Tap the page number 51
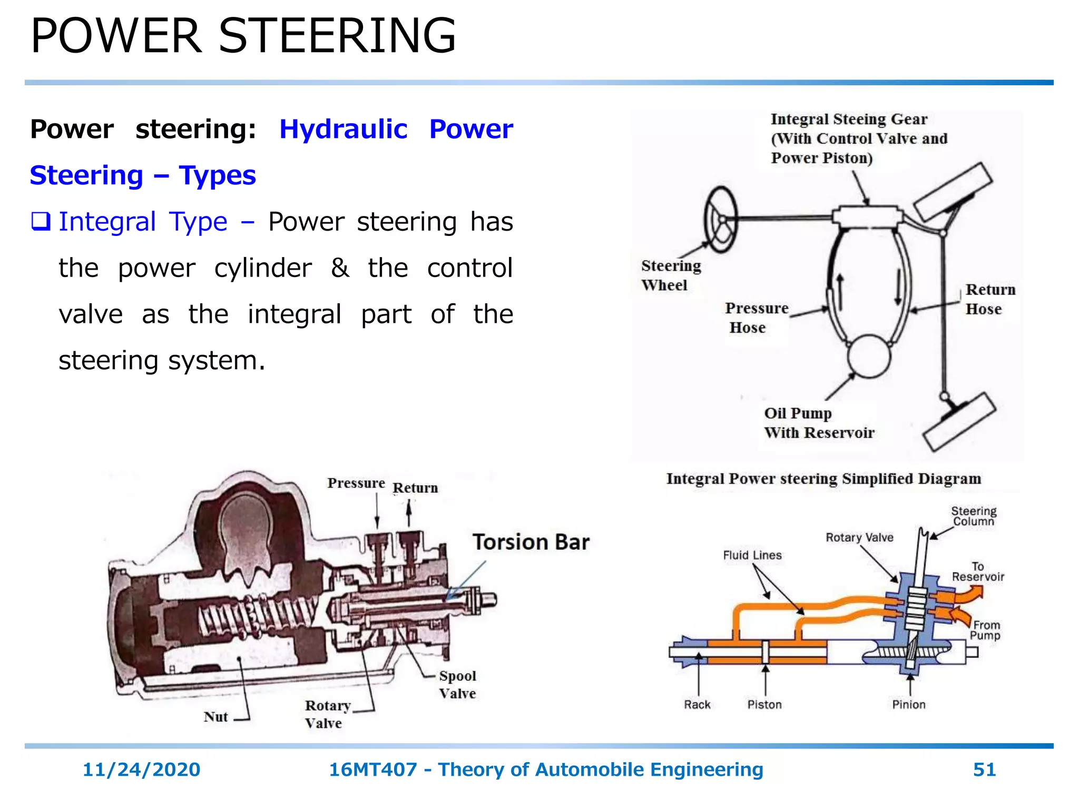click(984, 769)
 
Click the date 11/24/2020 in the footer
click(141, 769)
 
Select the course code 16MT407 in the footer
click(372, 769)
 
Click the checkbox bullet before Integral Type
click(41, 221)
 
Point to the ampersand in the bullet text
click(340, 268)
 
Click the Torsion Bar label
click(531, 542)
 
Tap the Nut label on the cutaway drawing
click(215, 717)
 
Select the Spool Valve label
click(457, 684)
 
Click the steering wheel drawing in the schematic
click(720, 220)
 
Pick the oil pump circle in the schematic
click(869, 357)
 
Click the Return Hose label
click(989, 299)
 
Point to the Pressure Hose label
click(756, 318)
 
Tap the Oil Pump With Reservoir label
click(818, 423)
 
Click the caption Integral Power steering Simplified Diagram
click(823, 479)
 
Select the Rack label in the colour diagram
click(697, 705)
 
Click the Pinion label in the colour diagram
click(908, 705)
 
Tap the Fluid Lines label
click(752, 555)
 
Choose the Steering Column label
click(973, 516)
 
